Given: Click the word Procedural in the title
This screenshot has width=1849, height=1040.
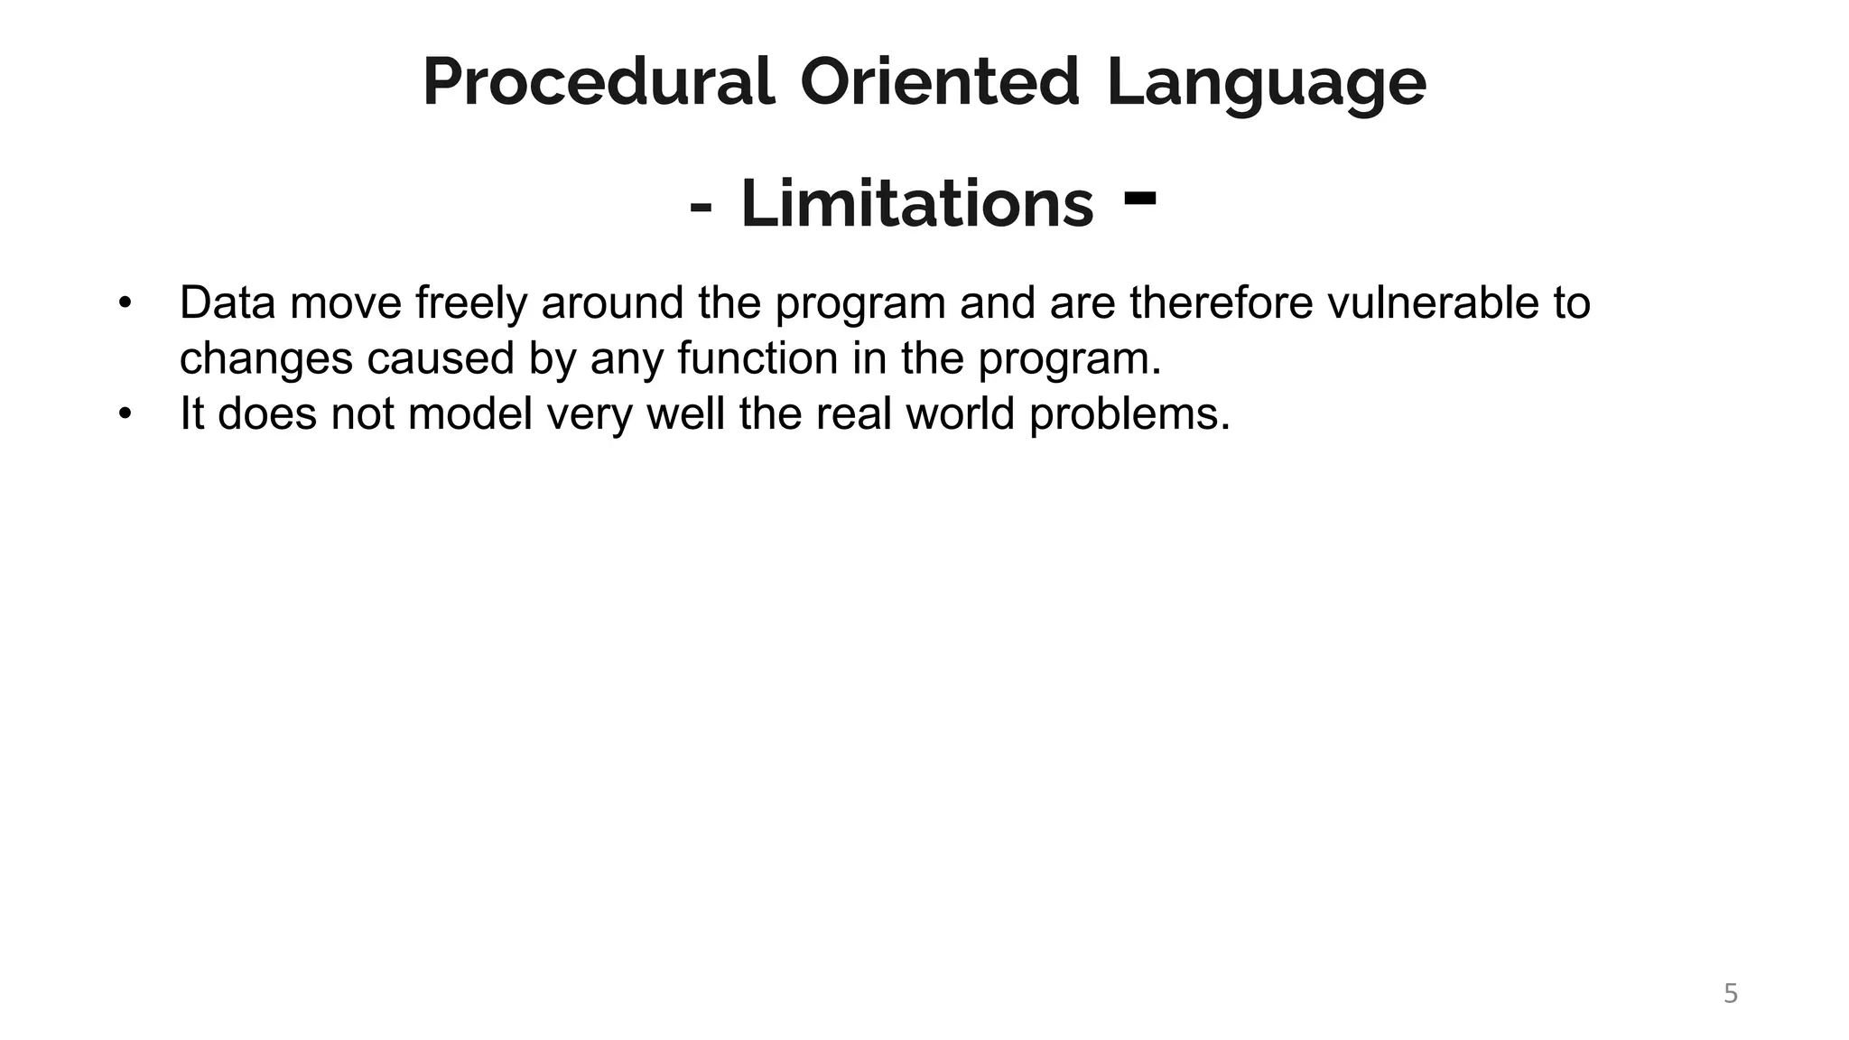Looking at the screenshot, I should (599, 83).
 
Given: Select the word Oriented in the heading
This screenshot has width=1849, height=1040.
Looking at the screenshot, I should (939, 83).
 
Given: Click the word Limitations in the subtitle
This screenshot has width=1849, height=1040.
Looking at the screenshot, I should (916, 204).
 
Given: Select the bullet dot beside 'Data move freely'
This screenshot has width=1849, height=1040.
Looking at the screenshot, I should (125, 302).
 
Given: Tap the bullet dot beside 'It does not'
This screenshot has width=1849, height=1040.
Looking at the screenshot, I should (125, 413).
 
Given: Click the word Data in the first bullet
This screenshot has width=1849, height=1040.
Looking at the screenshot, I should (228, 302).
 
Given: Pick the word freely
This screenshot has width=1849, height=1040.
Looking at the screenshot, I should (470, 304).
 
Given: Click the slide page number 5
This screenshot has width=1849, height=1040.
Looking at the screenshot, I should (1730, 994).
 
